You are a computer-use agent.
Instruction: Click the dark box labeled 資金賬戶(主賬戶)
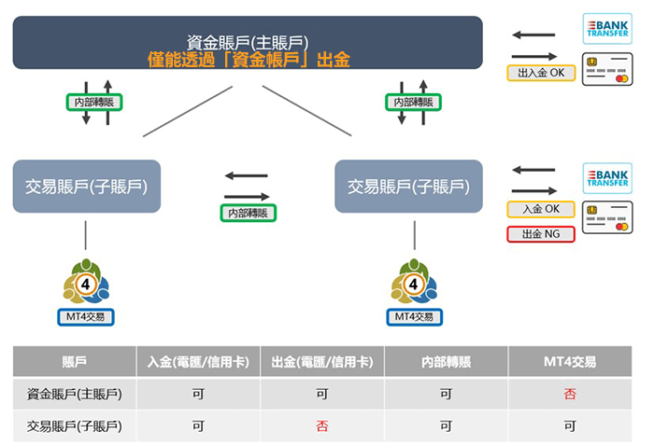248,41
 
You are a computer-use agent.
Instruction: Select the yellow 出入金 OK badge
541,72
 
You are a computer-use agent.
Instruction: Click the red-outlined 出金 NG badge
541,233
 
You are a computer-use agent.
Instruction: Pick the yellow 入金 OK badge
541,209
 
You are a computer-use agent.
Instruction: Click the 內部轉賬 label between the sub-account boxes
248,213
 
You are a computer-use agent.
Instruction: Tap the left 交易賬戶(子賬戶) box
87,187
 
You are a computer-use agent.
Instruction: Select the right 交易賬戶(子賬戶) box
408,187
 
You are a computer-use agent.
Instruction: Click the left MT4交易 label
86,317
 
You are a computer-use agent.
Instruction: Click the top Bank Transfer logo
607,27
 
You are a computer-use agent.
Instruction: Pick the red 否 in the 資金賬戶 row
570,394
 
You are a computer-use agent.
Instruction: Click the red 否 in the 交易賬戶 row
321,426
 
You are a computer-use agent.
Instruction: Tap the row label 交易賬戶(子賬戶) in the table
75,426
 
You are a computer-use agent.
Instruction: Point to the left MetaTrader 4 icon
86,279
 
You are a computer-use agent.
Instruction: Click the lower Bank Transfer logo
607,177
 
